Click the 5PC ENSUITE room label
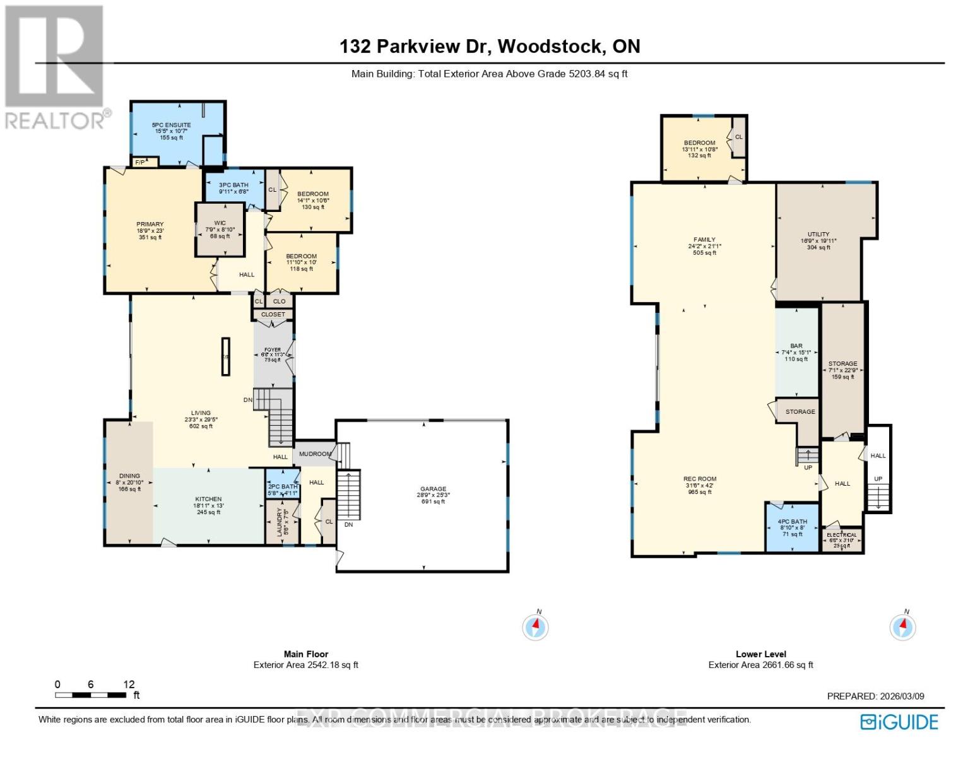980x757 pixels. [x=171, y=126]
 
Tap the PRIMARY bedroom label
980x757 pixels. [x=150, y=225]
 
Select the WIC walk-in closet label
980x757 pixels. [x=220, y=223]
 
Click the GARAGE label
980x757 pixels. [x=434, y=489]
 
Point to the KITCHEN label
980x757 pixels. [x=208, y=499]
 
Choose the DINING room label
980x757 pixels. [x=129, y=476]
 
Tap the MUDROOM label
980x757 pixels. [x=315, y=454]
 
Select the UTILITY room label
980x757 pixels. [x=818, y=234]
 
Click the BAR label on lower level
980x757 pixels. [x=796, y=346]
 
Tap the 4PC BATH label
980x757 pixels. [x=793, y=522]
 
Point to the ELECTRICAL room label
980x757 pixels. [x=842, y=535]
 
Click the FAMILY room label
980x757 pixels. [x=704, y=240]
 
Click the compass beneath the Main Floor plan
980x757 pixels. [x=536, y=627]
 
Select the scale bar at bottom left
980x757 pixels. [x=90, y=695]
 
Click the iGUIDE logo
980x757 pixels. [x=900, y=722]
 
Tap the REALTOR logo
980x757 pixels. [x=56, y=66]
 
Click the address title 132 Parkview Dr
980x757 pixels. [x=490, y=46]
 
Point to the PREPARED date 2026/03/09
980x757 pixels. [x=875, y=696]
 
